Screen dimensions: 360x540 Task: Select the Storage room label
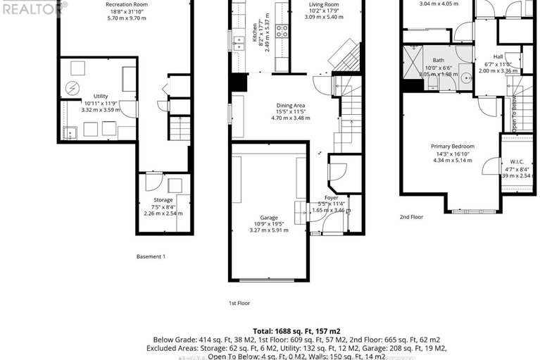click(x=163, y=200)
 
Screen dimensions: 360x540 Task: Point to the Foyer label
click(x=331, y=197)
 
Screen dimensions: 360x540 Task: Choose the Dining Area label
click(x=291, y=105)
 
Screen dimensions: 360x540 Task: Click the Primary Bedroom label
click(x=453, y=147)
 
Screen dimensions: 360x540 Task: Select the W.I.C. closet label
click(x=513, y=161)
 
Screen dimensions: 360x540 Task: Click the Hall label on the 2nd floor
click(x=498, y=56)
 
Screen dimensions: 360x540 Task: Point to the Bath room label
click(x=439, y=60)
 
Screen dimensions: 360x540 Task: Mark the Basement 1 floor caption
click(x=151, y=256)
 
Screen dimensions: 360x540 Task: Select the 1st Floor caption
click(x=239, y=303)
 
